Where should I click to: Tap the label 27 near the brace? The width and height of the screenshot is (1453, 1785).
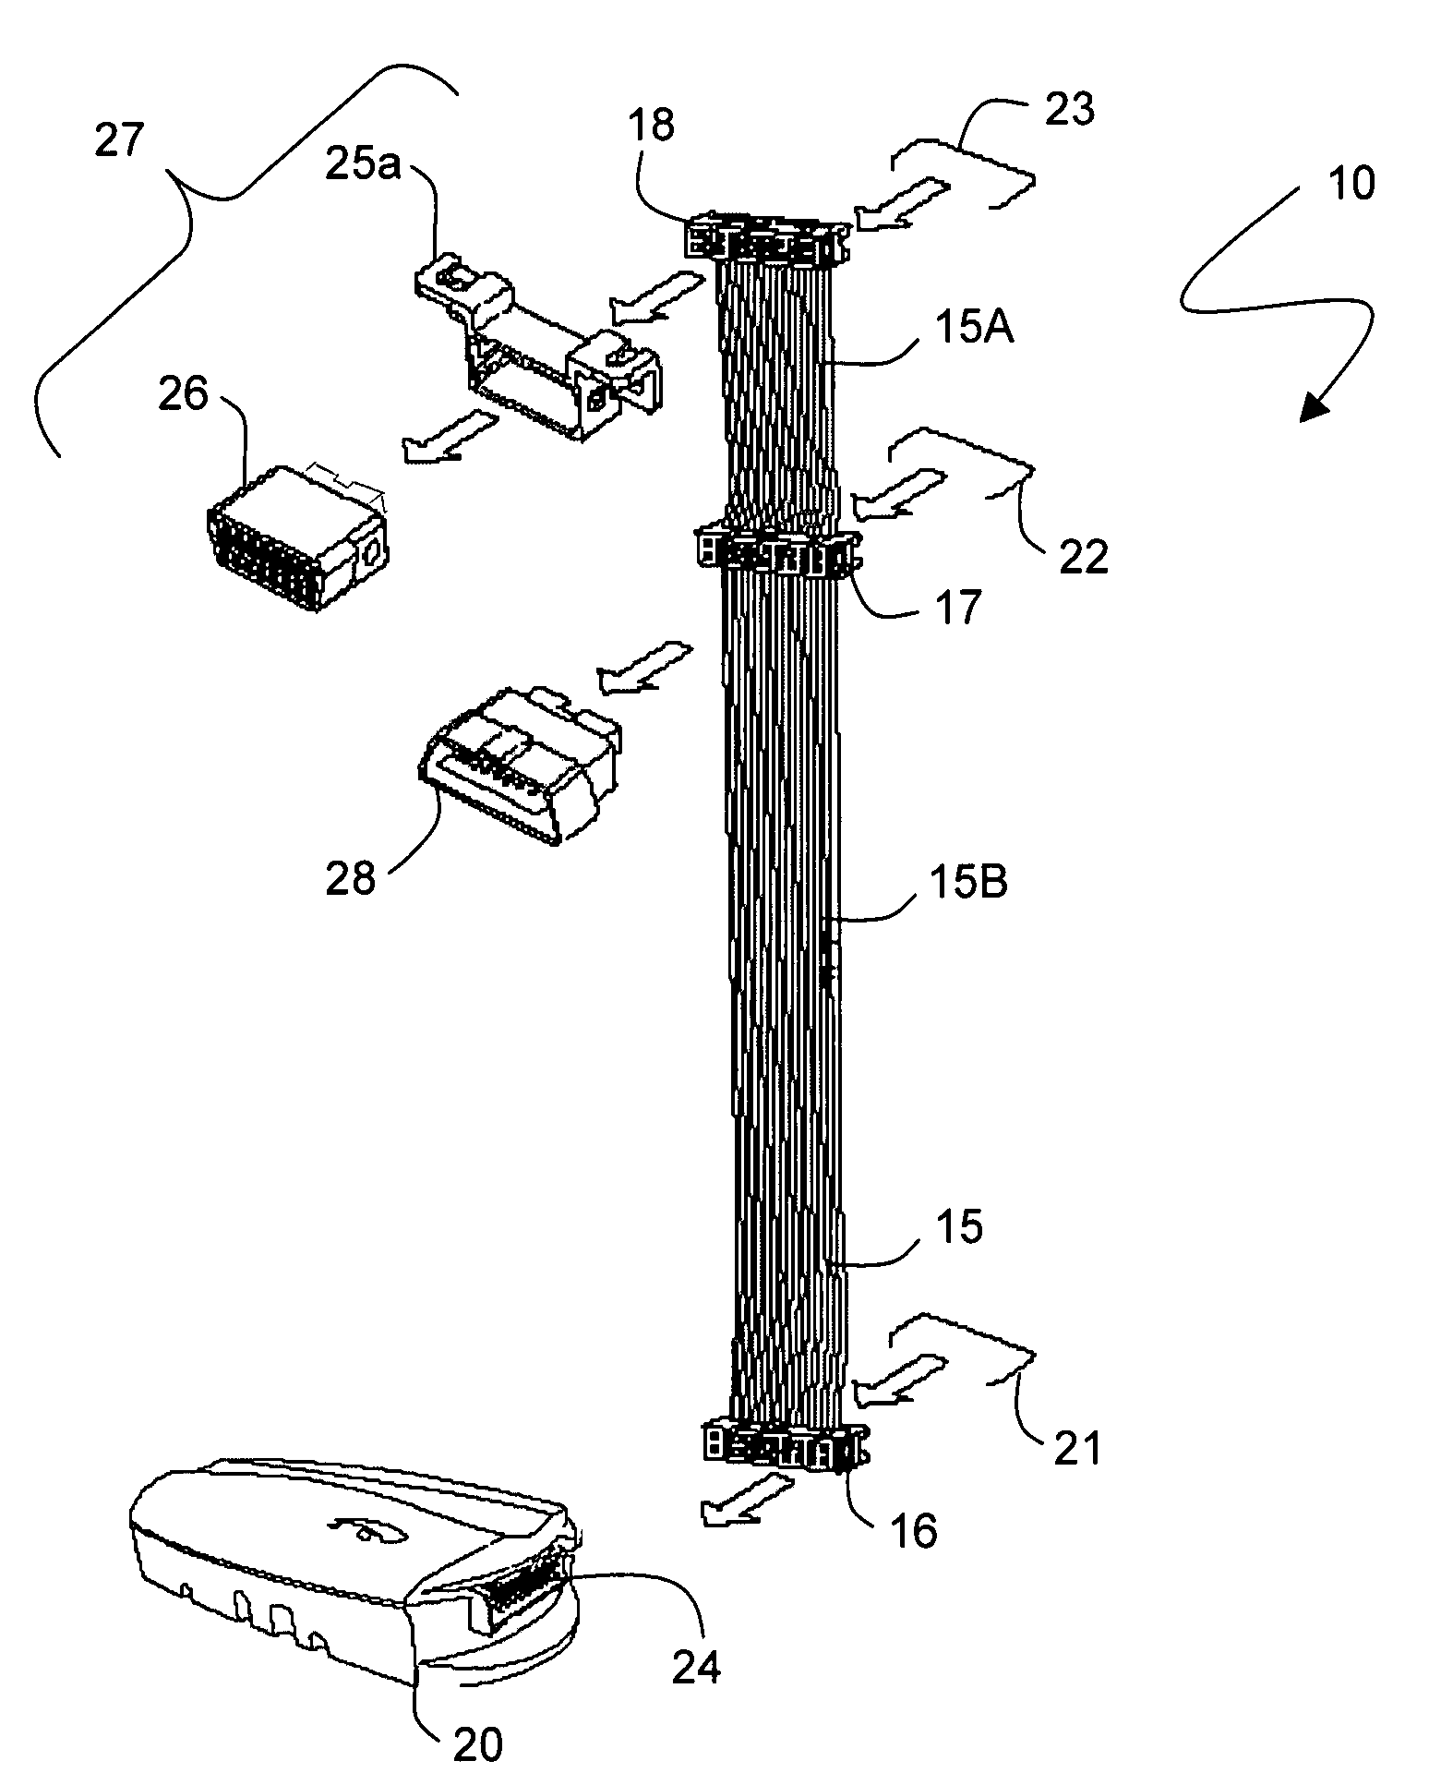121,142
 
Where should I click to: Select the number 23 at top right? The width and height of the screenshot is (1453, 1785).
1069,110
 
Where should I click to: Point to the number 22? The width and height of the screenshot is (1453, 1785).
1083,558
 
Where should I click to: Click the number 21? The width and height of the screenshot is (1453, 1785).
1077,1449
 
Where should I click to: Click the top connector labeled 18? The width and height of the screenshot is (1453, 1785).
767,238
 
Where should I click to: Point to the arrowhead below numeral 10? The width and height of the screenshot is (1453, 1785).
1315,406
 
